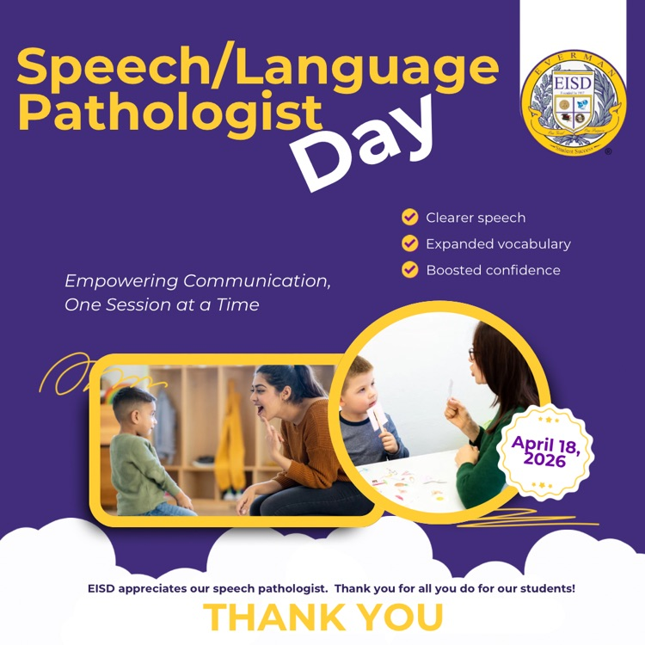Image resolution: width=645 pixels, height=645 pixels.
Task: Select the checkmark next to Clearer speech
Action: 410,218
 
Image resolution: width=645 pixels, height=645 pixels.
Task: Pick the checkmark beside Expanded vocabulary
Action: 410,243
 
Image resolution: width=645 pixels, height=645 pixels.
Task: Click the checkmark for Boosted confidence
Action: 410,270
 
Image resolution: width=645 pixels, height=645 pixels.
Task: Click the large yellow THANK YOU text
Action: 323,617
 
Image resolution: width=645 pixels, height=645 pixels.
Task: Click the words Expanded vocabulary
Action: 498,244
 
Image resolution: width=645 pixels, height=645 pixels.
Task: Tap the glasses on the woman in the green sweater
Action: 472,354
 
